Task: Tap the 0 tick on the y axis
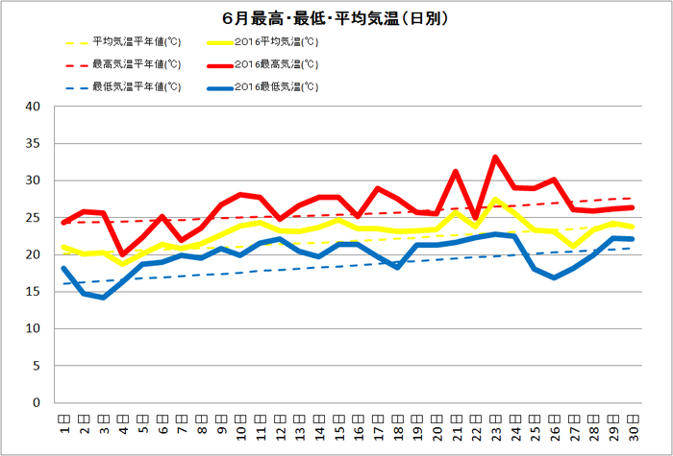(36, 403)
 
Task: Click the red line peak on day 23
(495, 157)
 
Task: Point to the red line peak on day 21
(456, 172)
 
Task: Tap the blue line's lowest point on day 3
(103, 298)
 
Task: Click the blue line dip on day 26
(555, 277)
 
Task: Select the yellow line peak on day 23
(495, 200)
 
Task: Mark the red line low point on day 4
(122, 254)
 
